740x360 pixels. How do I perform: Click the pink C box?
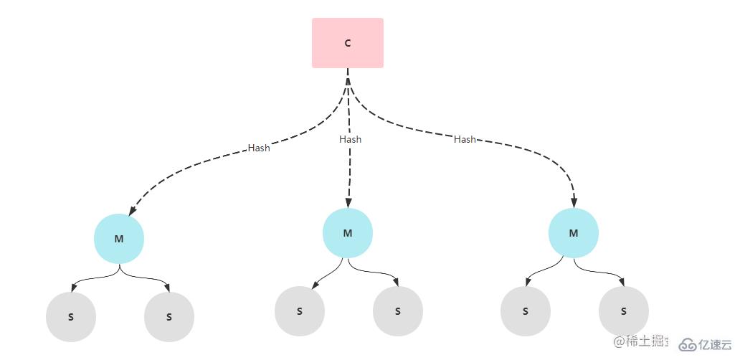[348, 43]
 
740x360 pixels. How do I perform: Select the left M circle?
[119, 239]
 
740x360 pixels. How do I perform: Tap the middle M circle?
[348, 233]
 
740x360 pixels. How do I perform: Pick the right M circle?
[574, 233]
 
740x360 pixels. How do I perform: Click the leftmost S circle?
[71, 316]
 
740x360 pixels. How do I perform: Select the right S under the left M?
[169, 316]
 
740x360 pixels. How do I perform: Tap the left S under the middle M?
[300, 311]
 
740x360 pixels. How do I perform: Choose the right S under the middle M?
[398, 311]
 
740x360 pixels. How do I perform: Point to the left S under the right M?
[526, 311]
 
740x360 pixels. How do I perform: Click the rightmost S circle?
[624, 311]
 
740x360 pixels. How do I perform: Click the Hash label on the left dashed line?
[259, 148]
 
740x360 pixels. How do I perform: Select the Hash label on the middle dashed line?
[350, 139]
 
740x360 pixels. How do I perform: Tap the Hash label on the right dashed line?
[465, 139]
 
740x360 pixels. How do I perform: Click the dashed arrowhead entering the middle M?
[348, 203]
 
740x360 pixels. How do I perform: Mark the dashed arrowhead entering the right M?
[574, 203]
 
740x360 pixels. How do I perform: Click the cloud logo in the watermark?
[688, 345]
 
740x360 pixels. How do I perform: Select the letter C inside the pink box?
[348, 43]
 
